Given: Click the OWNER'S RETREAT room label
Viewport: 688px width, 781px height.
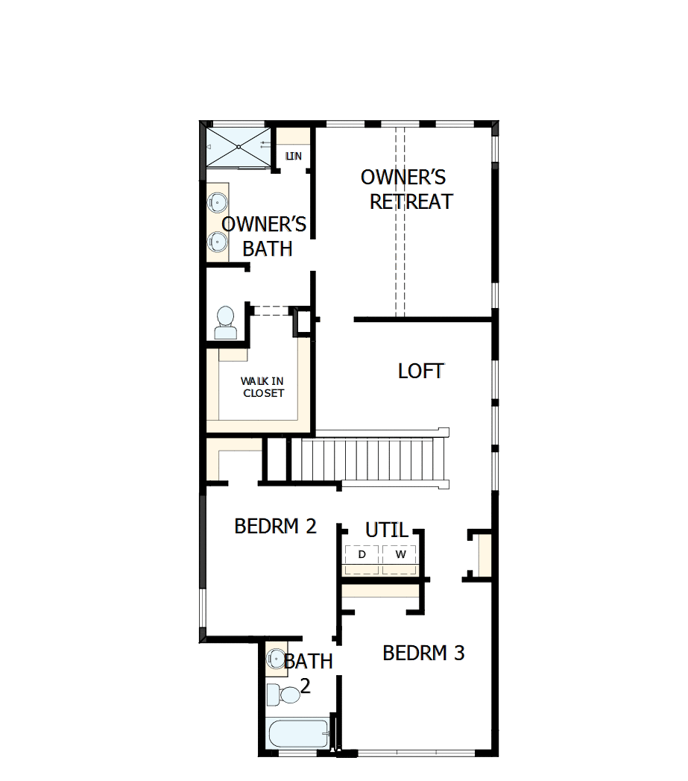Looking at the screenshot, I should [406, 189].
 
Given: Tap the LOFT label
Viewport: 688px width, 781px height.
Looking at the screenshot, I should [421, 371].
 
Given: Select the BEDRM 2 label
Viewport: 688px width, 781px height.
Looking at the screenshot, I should [275, 526].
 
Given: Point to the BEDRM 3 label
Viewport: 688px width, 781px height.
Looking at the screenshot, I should [423, 653].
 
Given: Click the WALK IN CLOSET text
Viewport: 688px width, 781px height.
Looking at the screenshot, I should [262, 387].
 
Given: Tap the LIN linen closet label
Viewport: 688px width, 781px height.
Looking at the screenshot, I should [294, 156].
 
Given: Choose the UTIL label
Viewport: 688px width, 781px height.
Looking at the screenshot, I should [387, 530].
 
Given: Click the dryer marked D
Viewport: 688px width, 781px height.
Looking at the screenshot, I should [362, 554].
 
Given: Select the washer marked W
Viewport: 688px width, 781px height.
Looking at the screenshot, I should [401, 554].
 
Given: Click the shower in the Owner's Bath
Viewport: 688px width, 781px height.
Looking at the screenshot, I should [238, 146].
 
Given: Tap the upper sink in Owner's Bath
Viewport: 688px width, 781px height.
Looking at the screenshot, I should [217, 201].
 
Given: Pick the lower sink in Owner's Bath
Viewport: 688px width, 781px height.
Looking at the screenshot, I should [217, 241].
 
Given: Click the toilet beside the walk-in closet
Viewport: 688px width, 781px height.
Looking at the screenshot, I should [224, 323].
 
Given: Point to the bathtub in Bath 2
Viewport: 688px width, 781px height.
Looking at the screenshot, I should [298, 736].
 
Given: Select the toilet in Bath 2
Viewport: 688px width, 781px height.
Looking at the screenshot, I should [283, 694].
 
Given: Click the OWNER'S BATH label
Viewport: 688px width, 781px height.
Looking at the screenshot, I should [265, 236].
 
